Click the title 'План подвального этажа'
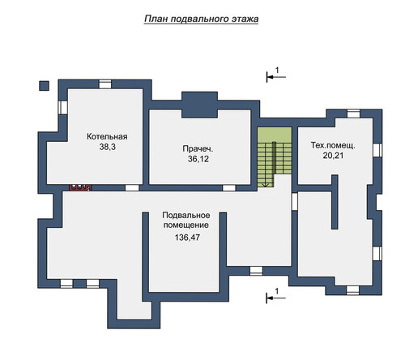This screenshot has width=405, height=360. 201,19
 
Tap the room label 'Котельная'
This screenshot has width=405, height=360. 107,136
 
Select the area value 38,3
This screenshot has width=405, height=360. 108,147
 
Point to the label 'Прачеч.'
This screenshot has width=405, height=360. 198,148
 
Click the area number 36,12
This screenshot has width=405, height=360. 198,159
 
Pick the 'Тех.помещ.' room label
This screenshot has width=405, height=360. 333,145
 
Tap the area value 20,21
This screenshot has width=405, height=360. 333,156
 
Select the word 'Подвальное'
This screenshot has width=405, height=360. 186,215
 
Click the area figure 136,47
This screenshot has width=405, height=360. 187,238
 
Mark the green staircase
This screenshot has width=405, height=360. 274,156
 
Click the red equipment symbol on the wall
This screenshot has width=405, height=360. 81,187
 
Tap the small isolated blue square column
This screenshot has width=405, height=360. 44,86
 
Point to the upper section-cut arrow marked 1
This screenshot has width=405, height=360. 276,77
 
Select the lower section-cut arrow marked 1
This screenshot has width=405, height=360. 276,298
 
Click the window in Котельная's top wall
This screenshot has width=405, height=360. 105,84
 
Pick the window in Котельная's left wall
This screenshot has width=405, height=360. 63,108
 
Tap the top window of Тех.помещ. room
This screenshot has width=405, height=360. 353,114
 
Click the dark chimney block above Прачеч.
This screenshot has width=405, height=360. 199,105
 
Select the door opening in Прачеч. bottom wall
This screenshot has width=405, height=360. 228,188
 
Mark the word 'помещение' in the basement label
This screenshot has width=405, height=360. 186,225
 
